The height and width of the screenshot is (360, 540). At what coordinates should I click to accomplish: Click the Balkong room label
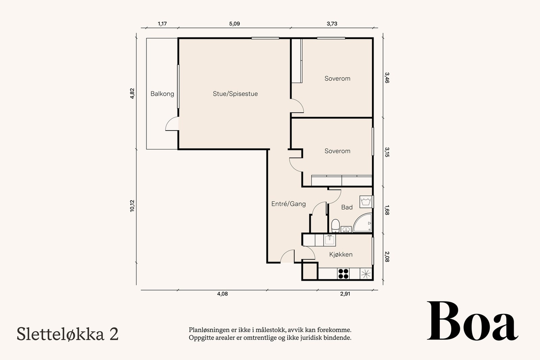(162, 94)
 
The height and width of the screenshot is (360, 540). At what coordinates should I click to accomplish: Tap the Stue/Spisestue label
(235, 94)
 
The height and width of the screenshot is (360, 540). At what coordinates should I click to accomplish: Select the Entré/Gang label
(289, 204)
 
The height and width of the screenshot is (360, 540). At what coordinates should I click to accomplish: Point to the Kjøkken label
(341, 254)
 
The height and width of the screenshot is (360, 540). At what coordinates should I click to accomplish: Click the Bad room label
(347, 207)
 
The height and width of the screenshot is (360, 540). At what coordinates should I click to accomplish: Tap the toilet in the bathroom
(335, 225)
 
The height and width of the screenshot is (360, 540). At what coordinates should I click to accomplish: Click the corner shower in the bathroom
(362, 223)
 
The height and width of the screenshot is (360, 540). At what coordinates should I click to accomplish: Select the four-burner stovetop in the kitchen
(343, 274)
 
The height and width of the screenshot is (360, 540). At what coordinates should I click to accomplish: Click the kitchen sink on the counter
(329, 240)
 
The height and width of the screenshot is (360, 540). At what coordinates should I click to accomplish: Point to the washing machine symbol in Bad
(366, 202)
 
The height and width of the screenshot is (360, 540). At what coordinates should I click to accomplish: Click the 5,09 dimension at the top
(234, 24)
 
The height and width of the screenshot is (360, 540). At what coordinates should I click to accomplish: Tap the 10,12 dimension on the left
(132, 206)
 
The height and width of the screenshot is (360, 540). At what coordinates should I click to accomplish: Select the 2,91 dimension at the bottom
(345, 294)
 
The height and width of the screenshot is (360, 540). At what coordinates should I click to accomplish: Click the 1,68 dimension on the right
(387, 210)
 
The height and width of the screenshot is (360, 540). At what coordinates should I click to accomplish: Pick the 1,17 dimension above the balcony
(162, 24)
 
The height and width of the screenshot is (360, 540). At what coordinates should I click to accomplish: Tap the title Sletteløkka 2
(67, 334)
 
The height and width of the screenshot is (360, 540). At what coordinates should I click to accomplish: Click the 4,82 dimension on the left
(132, 93)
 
